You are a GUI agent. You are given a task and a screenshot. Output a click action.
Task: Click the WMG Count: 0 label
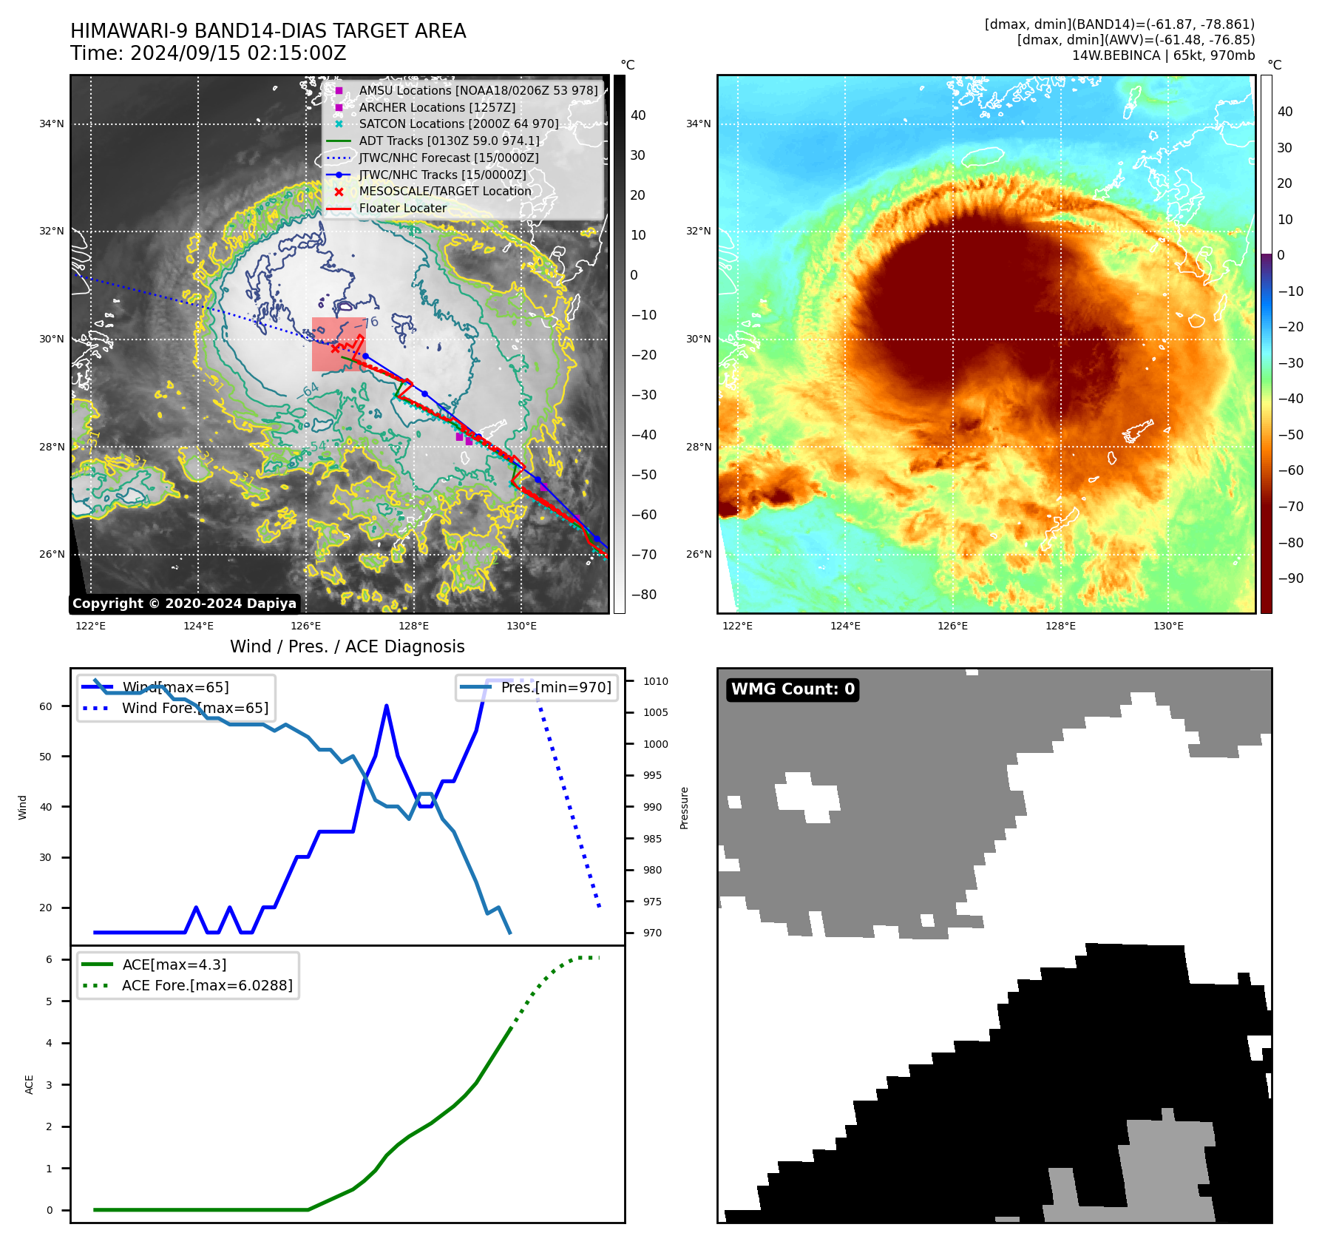point(793,689)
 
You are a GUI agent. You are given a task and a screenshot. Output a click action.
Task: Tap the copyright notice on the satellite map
point(184,604)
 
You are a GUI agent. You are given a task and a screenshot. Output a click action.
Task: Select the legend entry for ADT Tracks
point(449,141)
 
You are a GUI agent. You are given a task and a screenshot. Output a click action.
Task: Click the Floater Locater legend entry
point(402,209)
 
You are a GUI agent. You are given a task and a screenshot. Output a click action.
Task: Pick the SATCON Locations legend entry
point(458,124)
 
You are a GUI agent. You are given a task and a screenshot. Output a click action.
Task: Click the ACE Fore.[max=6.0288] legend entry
point(207,985)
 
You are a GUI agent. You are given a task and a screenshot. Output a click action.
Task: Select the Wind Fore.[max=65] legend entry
point(195,708)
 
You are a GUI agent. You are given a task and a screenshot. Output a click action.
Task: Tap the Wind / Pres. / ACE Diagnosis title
point(348,646)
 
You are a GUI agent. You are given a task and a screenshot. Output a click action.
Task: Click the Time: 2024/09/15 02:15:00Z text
point(209,53)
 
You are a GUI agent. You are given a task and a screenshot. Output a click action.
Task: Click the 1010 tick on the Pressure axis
point(655,681)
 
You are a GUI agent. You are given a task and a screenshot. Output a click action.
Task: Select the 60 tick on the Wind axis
point(46,706)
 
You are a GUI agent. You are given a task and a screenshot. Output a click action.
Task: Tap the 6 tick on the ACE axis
point(50,959)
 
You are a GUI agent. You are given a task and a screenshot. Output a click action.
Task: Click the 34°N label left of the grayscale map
point(52,124)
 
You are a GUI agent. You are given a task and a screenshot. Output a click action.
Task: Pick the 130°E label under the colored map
point(1168,626)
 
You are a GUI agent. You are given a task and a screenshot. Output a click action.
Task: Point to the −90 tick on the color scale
point(1290,578)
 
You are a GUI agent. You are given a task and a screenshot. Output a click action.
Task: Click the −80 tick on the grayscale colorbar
point(643,595)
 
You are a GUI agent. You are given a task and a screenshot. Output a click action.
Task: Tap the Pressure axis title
point(685,808)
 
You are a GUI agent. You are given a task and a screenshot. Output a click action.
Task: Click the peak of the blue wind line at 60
point(387,706)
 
